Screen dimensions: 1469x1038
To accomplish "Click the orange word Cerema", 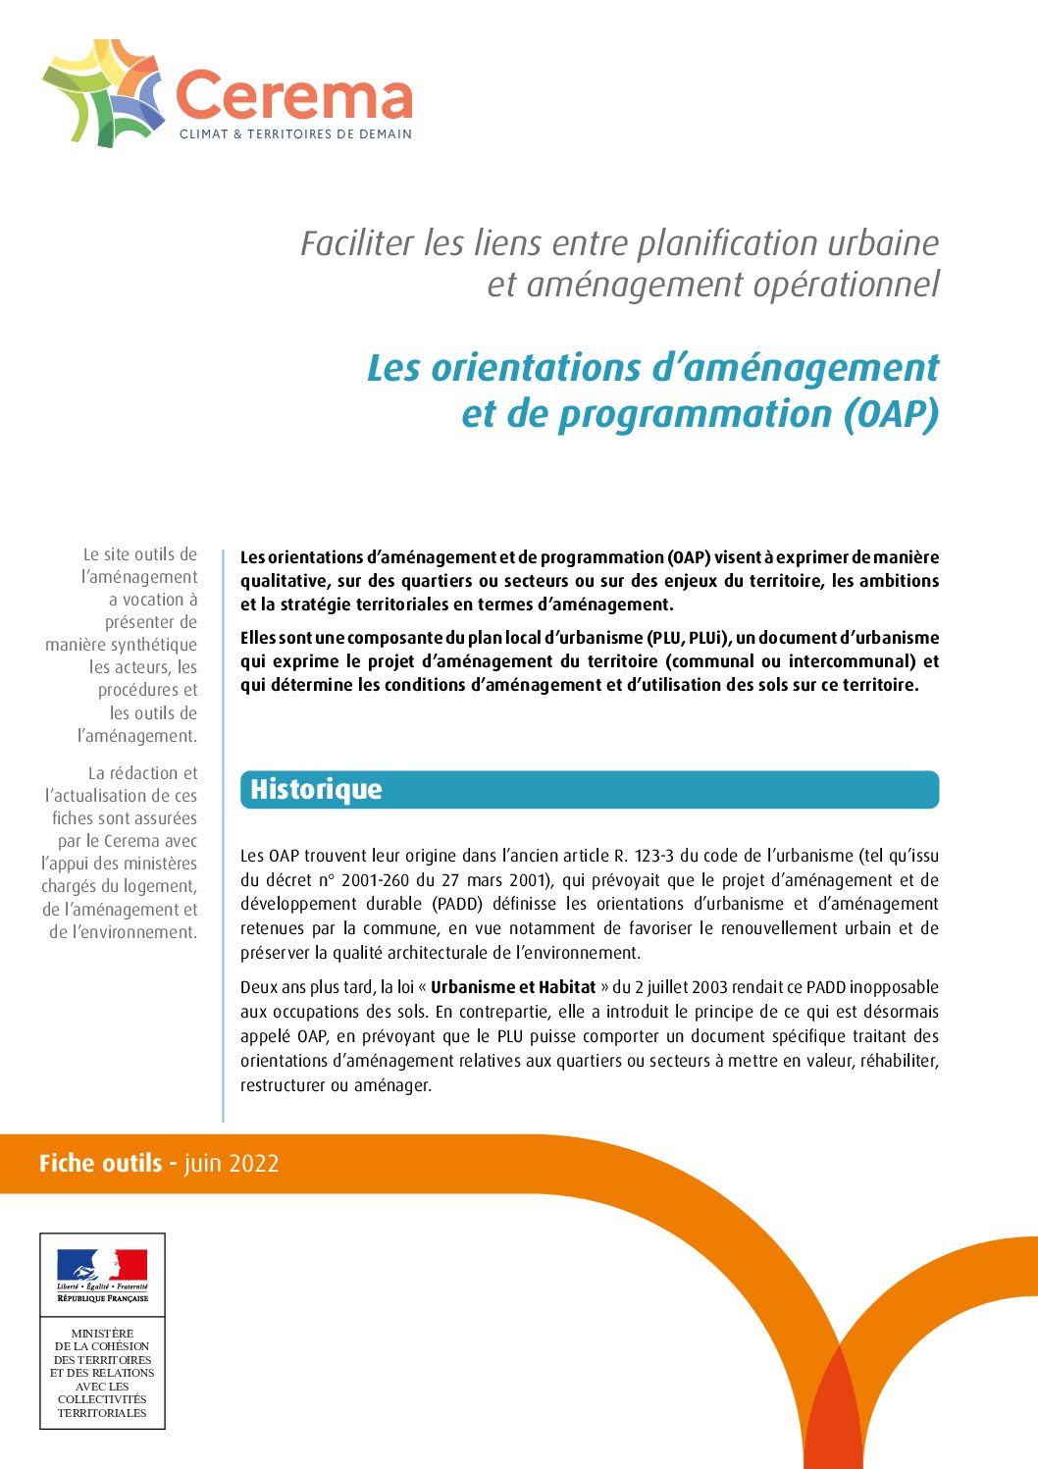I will (x=293, y=97).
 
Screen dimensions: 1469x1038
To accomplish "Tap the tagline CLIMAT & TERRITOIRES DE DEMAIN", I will (x=295, y=134).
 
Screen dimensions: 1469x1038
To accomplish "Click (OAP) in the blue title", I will (x=891, y=414).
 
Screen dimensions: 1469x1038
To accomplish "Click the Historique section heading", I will (x=316, y=790).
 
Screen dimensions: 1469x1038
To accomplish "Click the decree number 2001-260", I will (x=375, y=880).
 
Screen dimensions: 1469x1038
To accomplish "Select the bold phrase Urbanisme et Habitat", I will (x=513, y=987).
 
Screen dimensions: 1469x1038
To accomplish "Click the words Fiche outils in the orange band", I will (x=100, y=1164).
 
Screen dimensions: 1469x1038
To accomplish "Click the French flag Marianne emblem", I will (x=102, y=1266).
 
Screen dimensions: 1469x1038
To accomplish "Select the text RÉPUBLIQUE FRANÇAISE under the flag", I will (x=102, y=1298).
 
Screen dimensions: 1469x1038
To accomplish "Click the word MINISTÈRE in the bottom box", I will (x=102, y=1334).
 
